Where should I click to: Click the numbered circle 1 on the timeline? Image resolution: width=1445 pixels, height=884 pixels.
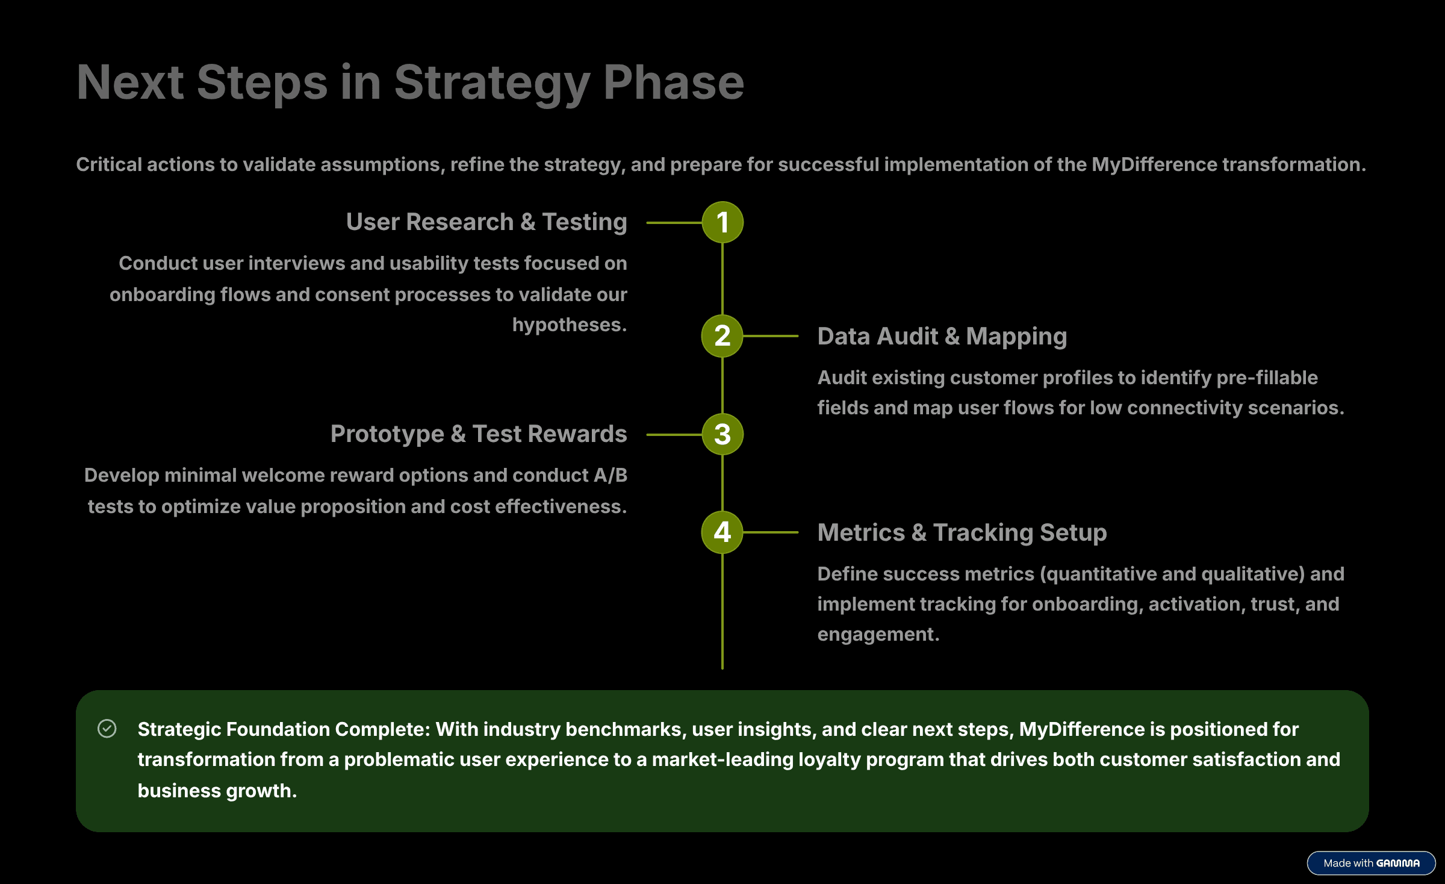click(722, 222)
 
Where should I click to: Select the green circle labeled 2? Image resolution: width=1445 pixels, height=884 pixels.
click(722, 336)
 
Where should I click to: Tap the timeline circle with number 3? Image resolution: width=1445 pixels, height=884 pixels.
click(722, 434)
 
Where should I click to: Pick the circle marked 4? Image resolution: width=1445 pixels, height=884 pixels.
click(722, 532)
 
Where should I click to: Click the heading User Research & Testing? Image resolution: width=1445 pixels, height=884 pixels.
click(486, 222)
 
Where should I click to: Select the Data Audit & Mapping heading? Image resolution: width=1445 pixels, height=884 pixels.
click(942, 337)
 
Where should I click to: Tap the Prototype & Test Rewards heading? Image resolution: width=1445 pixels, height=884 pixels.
click(479, 434)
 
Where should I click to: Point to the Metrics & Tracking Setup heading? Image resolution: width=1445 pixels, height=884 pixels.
click(962, 533)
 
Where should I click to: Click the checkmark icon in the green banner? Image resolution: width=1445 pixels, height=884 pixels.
click(107, 729)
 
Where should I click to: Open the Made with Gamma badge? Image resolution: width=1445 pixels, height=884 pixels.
click(1371, 863)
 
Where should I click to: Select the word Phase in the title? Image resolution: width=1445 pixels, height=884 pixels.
click(674, 83)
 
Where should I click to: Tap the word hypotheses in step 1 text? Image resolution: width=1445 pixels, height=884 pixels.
click(569, 325)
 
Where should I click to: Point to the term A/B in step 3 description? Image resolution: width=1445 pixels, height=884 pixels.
click(611, 476)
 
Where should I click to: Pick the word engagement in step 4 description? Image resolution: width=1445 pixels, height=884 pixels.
click(877, 634)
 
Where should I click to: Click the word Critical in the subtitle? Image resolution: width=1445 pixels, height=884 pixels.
click(109, 164)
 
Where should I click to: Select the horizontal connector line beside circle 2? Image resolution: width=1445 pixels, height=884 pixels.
click(771, 336)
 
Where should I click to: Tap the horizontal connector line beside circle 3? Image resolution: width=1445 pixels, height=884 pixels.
click(674, 434)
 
